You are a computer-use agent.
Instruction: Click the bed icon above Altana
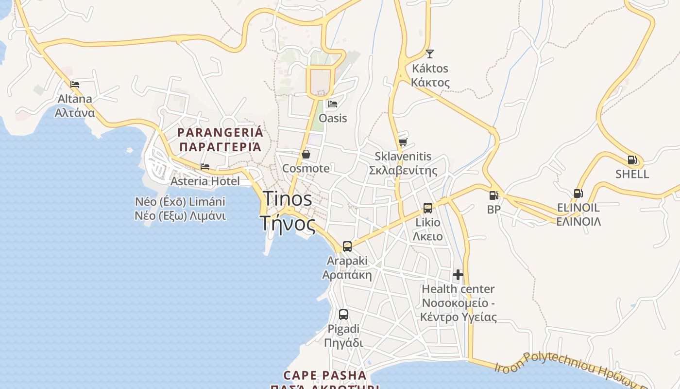[x=75, y=84]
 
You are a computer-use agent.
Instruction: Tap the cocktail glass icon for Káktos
[x=429, y=53]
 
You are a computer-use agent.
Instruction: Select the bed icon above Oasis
[x=333, y=104]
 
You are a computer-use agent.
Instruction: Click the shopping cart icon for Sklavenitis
[x=403, y=142]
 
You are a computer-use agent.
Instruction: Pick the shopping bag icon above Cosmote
[x=306, y=154]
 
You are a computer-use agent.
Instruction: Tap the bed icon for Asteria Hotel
[x=205, y=167]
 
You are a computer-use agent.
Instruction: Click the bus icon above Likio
[x=427, y=208]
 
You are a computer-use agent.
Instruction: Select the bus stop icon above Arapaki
[x=347, y=247]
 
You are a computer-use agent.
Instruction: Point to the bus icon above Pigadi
[x=343, y=315]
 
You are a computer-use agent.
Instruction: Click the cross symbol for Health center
[x=458, y=275]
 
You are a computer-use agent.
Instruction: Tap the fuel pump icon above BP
[x=493, y=195]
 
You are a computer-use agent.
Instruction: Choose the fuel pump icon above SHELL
[x=632, y=159]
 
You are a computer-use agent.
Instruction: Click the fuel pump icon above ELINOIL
[x=578, y=194]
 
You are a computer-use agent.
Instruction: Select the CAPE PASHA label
[x=324, y=375]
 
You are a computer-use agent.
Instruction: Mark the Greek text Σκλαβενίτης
[x=403, y=171]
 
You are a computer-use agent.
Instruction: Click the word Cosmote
[x=306, y=169]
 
